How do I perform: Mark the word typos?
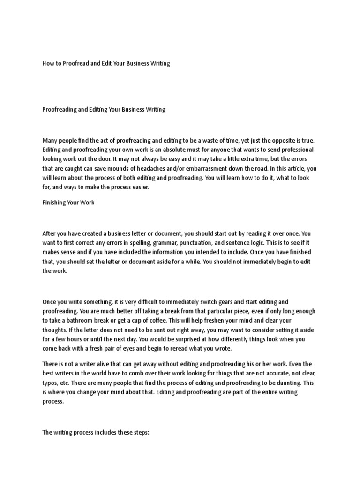50,383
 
